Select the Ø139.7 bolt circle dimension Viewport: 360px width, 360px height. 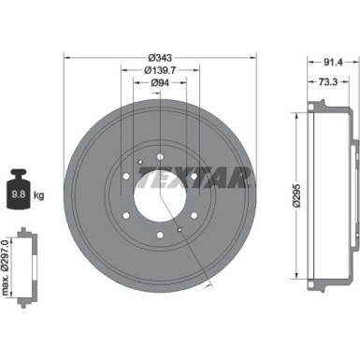click(x=160, y=69)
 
